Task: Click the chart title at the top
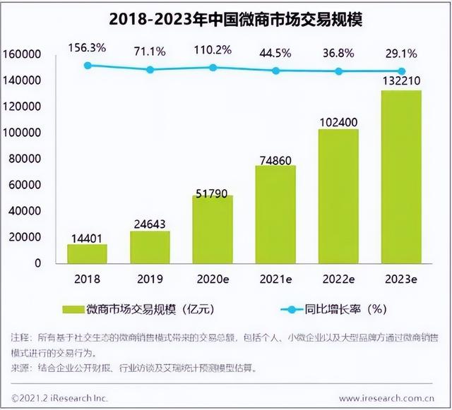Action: click(x=225, y=18)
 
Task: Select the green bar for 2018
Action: click(x=87, y=253)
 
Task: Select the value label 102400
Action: click(x=338, y=121)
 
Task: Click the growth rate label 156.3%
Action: click(x=87, y=48)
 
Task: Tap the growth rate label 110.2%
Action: click(x=213, y=50)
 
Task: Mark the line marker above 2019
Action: click(x=150, y=69)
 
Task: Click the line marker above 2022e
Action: click(x=338, y=71)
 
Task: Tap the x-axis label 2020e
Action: click(x=213, y=278)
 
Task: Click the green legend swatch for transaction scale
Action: click(x=72, y=308)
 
